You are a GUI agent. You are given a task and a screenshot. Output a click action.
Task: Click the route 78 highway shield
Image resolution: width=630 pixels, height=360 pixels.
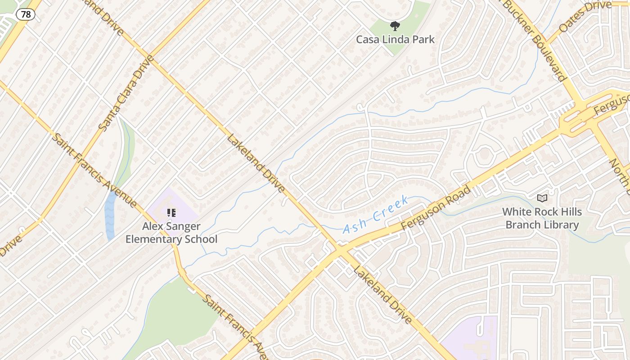tap(26, 14)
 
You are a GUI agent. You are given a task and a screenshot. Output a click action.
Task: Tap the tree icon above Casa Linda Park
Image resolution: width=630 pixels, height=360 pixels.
tap(395, 26)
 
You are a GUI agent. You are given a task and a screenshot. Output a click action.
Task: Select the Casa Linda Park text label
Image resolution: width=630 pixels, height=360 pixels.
tap(395, 40)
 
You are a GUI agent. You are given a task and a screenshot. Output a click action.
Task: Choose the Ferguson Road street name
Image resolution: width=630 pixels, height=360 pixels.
tap(436, 207)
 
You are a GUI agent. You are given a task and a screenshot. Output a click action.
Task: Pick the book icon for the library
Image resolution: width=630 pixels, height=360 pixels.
tap(542, 198)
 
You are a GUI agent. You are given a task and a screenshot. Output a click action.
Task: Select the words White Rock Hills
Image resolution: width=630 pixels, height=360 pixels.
tap(542, 211)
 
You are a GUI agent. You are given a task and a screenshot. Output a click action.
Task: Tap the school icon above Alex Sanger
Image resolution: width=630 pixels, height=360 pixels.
tap(171, 212)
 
